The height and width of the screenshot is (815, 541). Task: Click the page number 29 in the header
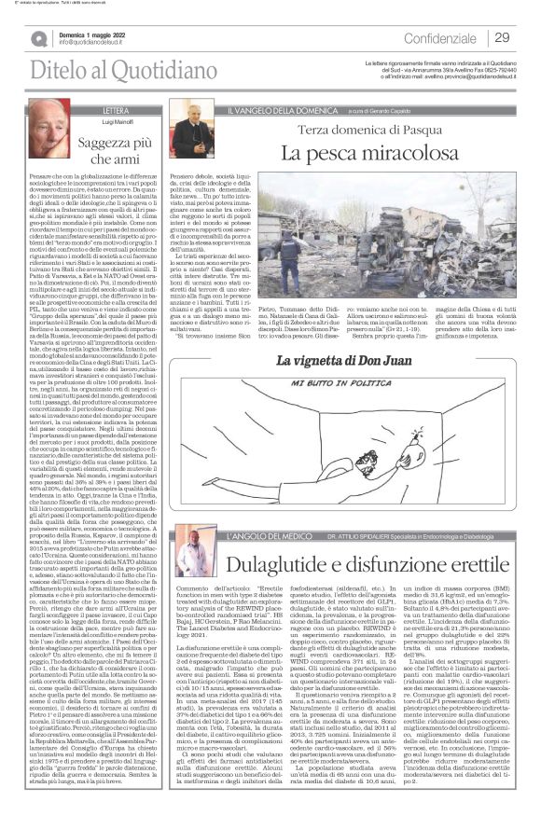[x=502, y=37]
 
